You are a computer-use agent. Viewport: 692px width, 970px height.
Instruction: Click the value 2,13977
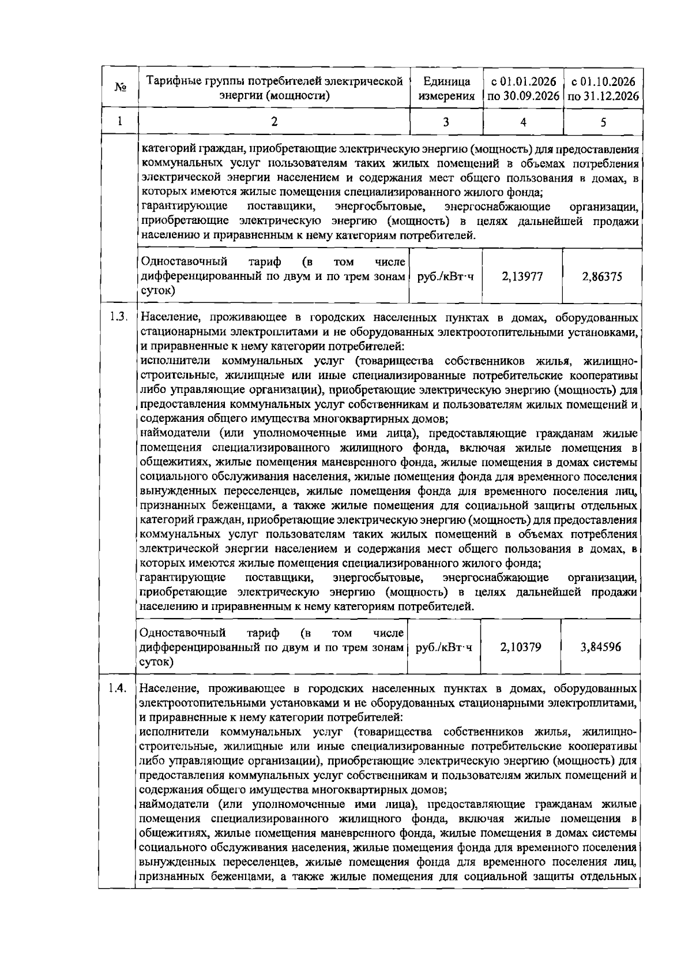[522, 276]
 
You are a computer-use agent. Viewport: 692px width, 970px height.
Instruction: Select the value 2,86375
[602, 276]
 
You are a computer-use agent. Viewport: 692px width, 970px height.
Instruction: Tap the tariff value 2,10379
[521, 647]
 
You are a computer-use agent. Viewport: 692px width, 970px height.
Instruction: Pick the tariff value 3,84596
[601, 647]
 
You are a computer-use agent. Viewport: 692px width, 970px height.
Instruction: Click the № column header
[121, 88]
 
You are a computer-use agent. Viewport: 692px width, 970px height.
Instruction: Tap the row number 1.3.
[118, 317]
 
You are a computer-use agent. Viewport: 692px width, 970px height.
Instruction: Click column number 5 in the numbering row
[603, 122]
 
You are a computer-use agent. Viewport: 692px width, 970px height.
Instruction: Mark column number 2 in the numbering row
[274, 121]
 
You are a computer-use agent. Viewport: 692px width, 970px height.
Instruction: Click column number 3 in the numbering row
[446, 122]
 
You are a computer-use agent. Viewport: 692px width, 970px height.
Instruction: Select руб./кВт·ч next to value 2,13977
[445, 276]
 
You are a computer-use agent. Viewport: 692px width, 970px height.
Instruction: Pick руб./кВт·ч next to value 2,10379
[444, 647]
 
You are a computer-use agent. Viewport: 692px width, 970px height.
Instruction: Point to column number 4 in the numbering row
[522, 122]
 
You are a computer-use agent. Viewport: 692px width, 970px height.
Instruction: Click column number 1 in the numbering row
[120, 121]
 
